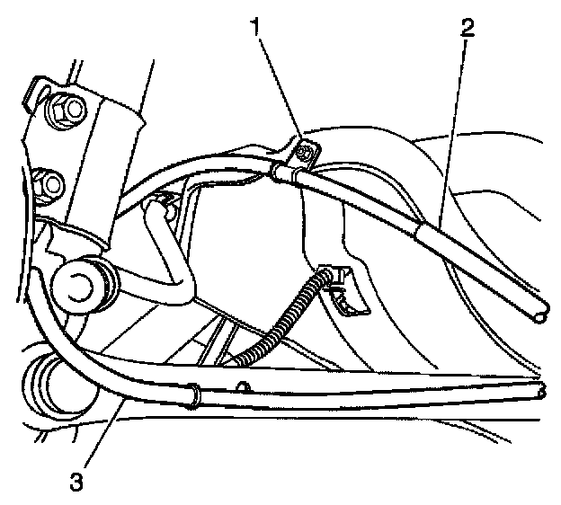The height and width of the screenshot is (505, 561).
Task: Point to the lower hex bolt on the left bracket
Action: tap(50, 186)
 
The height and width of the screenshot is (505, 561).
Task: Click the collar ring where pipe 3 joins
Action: tap(191, 394)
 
